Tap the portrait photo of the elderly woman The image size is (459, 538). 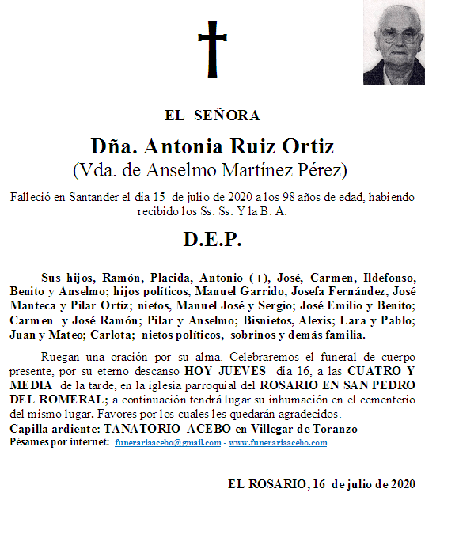pos(394,43)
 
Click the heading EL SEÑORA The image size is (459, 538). pos(212,116)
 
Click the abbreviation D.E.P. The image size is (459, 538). pos(212,240)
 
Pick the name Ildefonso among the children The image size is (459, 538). pos(389,278)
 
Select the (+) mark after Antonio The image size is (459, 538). pos(259,278)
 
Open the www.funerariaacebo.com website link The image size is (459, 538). pos(277,443)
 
